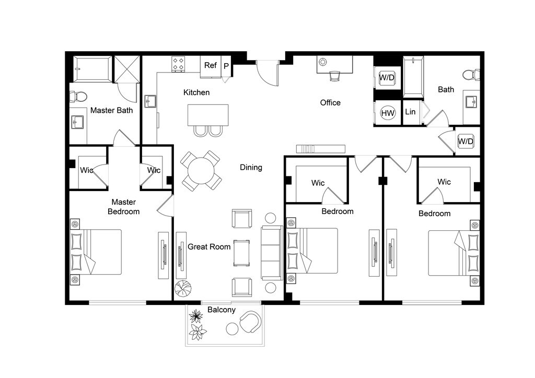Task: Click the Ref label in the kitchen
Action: pos(211,65)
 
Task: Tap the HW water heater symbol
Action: pos(388,113)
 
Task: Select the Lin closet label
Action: pos(410,112)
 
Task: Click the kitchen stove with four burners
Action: pos(178,64)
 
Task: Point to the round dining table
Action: pos(201,170)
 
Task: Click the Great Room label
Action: pos(209,247)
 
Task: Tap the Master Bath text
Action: pos(112,111)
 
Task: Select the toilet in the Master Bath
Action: pos(78,97)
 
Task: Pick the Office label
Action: pos(330,103)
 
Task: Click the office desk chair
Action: pos(335,76)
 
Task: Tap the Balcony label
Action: pos(222,310)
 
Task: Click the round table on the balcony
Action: pos(232,329)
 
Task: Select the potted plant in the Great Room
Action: pos(183,288)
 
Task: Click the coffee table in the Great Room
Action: pos(241,253)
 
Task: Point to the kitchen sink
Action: pos(150,101)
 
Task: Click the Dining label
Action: pos(251,168)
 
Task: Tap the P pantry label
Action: pos(226,66)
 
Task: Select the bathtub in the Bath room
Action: pos(413,77)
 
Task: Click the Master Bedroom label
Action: pos(123,207)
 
